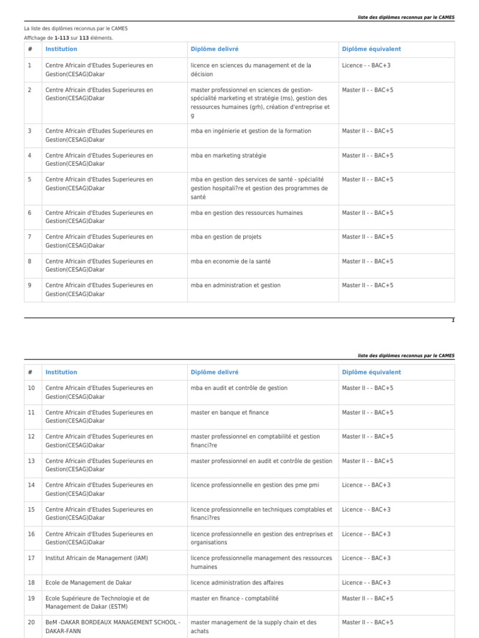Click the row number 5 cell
[29, 179]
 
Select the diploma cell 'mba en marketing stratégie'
[228, 155]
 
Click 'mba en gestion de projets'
[226, 237]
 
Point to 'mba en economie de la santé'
[231, 261]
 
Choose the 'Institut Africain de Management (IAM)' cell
[97, 558]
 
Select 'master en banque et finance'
[230, 412]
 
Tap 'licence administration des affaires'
[237, 583]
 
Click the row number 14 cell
[31, 485]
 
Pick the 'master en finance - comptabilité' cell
[235, 598]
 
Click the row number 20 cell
[31, 622]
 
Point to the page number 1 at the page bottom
[453, 320]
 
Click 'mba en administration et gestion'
[236, 285]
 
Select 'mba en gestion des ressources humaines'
[246, 212]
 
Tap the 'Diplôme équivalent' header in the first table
[371, 49]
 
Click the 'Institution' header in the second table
[61, 372]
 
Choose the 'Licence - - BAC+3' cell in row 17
[366, 558]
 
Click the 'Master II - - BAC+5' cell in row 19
[367, 598]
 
